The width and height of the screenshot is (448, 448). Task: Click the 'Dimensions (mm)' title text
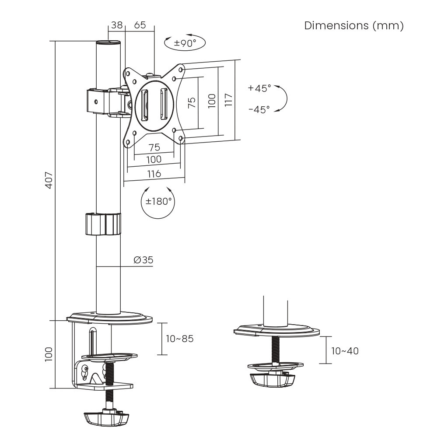pyautogui.click(x=353, y=26)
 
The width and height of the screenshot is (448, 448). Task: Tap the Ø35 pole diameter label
pyautogui.click(x=143, y=260)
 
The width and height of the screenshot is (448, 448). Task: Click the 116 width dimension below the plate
pyautogui.click(x=154, y=174)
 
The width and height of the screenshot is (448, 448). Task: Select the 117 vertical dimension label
pyautogui.click(x=228, y=100)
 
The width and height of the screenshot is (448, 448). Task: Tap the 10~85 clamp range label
pyautogui.click(x=179, y=339)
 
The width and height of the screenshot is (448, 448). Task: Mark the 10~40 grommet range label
pyautogui.click(x=345, y=350)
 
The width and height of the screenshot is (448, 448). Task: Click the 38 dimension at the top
pyautogui.click(x=116, y=25)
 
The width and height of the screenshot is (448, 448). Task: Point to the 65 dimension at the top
pyautogui.click(x=140, y=25)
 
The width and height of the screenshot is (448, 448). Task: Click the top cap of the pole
pyautogui.click(x=108, y=43)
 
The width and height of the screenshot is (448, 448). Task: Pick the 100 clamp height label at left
pyautogui.click(x=49, y=353)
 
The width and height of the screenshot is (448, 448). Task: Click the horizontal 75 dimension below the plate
pyautogui.click(x=154, y=147)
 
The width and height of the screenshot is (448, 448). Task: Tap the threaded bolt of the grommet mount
pyautogui.click(x=275, y=349)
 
